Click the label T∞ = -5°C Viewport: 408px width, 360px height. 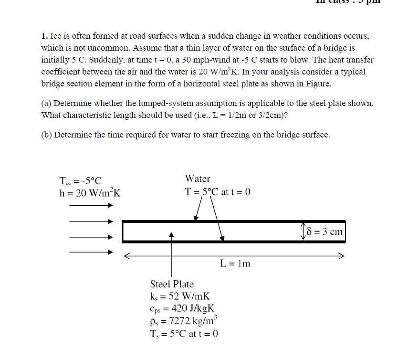[81, 181]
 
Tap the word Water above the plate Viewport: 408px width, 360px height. [198, 179]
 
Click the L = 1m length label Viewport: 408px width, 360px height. [235, 263]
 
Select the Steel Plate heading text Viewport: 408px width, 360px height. [172, 284]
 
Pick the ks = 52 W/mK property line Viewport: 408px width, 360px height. [180, 296]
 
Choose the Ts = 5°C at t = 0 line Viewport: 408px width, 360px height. [184, 333]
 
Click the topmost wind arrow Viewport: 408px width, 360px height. [91, 206]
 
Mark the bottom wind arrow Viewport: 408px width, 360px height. [91, 252]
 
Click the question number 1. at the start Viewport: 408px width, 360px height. [44, 36]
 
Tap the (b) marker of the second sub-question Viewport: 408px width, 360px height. [47, 135]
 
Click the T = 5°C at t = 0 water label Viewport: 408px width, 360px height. [218, 192]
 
